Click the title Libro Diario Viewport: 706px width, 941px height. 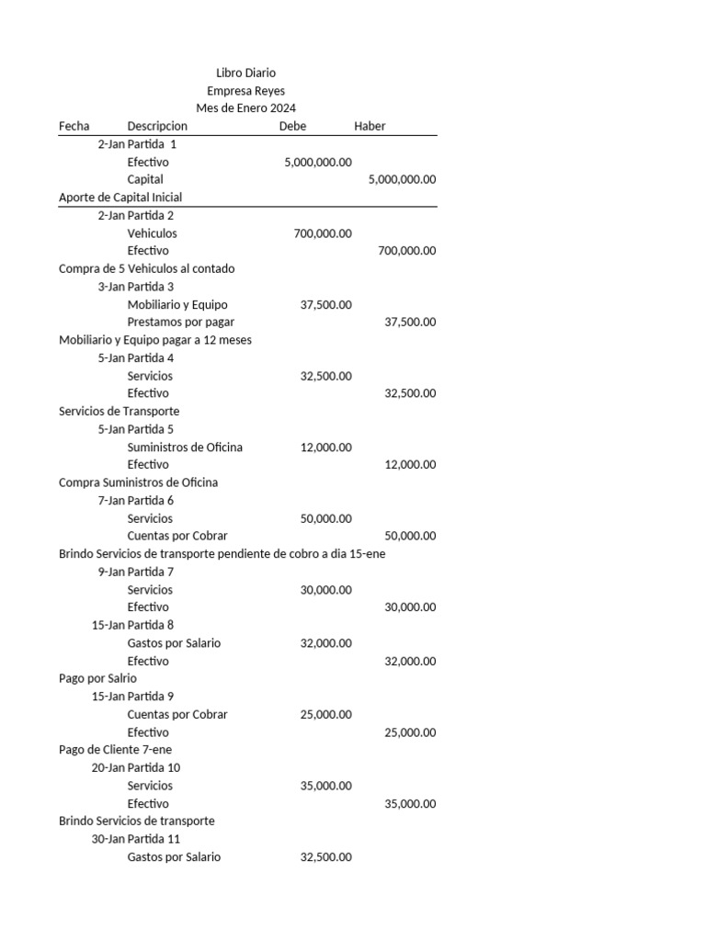click(x=245, y=73)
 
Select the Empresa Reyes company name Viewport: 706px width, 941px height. click(x=245, y=91)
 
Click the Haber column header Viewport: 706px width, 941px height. click(x=370, y=126)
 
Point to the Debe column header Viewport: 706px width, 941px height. click(x=292, y=126)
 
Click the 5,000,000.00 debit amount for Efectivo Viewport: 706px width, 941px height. click(x=318, y=162)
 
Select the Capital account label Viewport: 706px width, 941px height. click(x=145, y=179)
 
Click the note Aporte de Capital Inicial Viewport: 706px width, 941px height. click(x=120, y=198)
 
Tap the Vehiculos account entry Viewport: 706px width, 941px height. click(x=153, y=233)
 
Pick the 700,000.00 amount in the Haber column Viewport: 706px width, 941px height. click(x=407, y=251)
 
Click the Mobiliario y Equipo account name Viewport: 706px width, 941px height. click(x=177, y=304)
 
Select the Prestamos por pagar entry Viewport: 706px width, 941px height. click(x=181, y=322)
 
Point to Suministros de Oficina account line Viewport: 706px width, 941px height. click(x=185, y=448)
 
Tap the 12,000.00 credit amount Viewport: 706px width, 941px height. click(x=410, y=465)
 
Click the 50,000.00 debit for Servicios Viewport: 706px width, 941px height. click(x=325, y=518)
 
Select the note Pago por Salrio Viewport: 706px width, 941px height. click(x=97, y=678)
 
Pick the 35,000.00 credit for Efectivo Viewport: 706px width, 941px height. click(x=410, y=804)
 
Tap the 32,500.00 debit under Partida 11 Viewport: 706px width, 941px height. click(x=325, y=857)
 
